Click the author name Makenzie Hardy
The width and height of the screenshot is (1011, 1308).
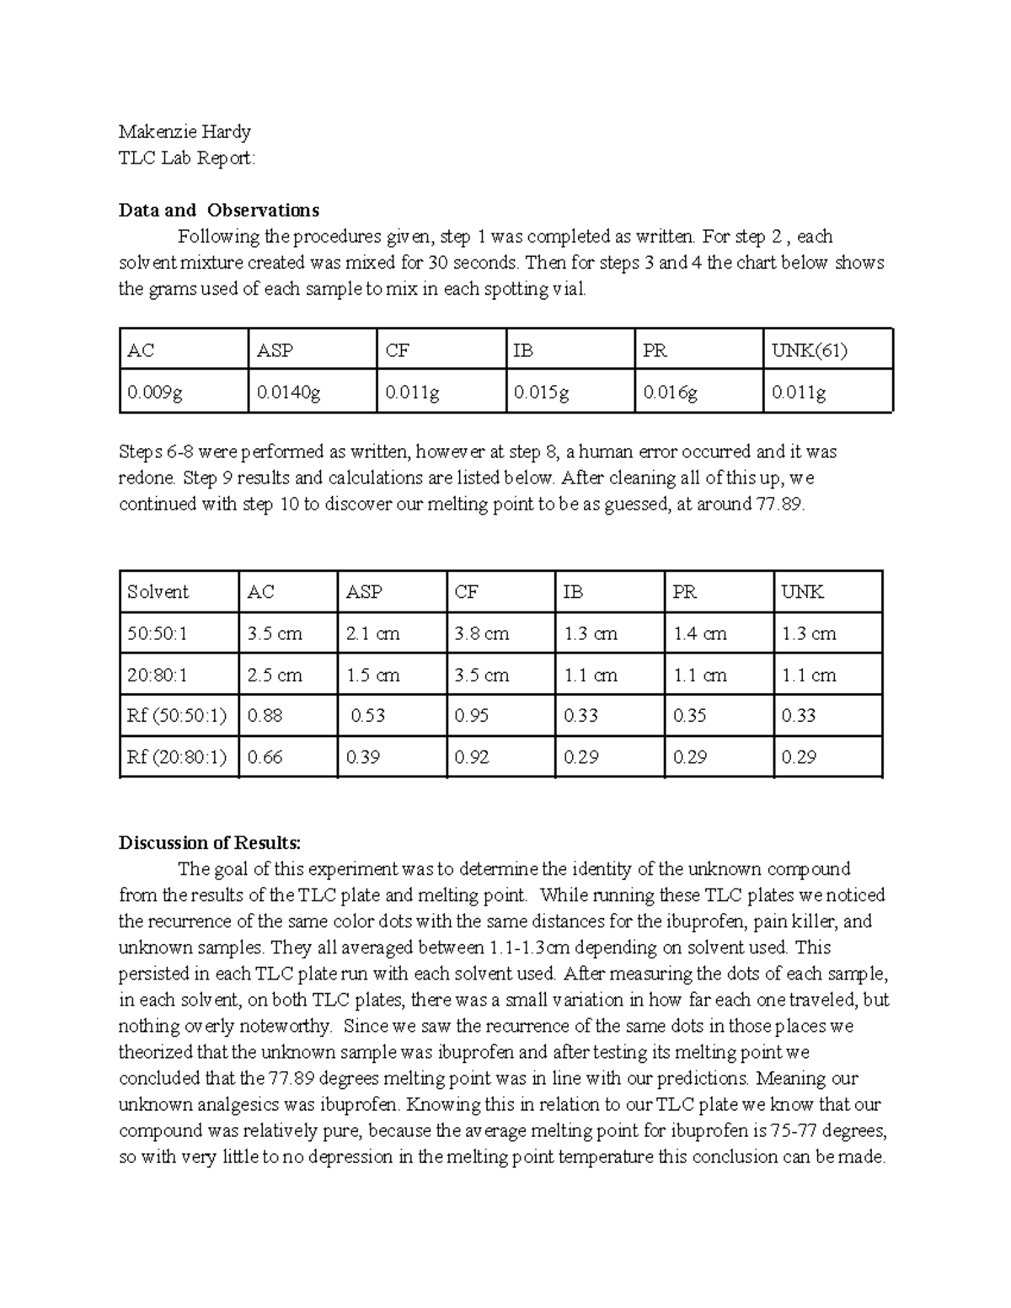[185, 131]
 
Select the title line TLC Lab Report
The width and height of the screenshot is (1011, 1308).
[187, 158]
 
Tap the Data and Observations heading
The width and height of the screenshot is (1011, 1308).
[219, 210]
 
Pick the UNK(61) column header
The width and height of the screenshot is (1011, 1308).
[809, 350]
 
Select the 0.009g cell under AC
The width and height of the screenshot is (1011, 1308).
[154, 392]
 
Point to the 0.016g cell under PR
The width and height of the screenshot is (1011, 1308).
[670, 392]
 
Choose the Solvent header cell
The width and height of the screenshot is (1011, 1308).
[158, 592]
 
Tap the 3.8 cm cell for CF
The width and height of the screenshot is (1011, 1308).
[481, 633]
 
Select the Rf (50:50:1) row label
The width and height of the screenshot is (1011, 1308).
[177, 716]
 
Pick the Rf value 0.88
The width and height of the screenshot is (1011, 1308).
[264, 716]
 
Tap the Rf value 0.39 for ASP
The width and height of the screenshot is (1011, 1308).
[362, 757]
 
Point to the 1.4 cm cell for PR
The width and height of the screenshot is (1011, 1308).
[699, 633]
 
